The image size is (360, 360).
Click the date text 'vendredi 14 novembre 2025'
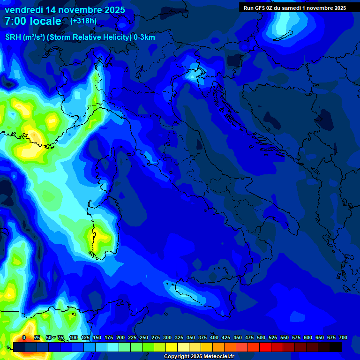(x=65, y=10)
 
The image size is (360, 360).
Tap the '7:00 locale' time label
(x=33, y=21)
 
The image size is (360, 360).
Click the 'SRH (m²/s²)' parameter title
(x=24, y=37)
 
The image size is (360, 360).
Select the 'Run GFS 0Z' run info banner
(x=295, y=7)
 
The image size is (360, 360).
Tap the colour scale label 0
(x=24, y=337)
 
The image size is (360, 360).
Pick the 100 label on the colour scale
(x=74, y=337)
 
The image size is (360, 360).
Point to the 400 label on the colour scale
(x=214, y=337)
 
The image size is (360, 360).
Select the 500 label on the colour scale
(x=261, y=337)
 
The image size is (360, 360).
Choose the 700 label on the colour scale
(x=343, y=337)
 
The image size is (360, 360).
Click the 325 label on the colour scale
(x=179, y=337)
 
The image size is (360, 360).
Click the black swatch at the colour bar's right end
(x=336, y=347)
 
